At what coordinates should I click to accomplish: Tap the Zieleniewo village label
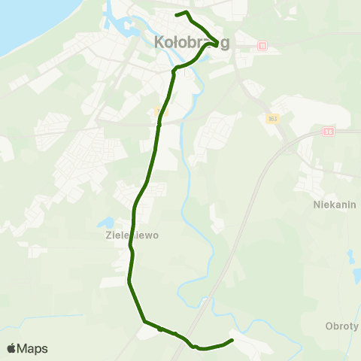tap(127, 234)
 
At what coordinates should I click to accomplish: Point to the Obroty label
tap(342, 326)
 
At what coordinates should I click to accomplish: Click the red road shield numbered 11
tap(262, 47)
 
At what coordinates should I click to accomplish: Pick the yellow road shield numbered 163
tap(272, 118)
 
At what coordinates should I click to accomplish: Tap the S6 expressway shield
tap(329, 131)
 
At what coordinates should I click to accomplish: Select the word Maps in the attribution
tap(32, 349)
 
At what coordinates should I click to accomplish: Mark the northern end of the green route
tap(176, 14)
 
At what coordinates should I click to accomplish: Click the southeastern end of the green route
tap(232, 341)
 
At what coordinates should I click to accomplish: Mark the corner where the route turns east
tap(144, 321)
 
